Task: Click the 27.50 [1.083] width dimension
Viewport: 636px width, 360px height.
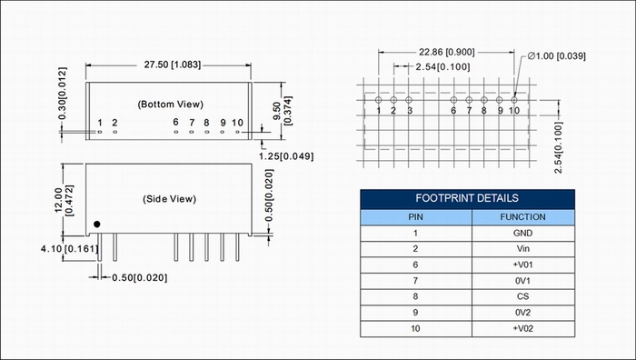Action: point(173,65)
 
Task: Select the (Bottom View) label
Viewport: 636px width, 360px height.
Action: point(171,105)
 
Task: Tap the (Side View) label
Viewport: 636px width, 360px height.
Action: point(170,199)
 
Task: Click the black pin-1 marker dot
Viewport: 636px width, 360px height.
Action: point(96,224)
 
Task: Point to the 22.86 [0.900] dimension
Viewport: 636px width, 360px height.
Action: point(447,52)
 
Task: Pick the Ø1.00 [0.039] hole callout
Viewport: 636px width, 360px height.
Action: point(557,56)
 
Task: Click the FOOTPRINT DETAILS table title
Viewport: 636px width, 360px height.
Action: point(467,198)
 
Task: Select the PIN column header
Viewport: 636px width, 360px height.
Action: point(415,217)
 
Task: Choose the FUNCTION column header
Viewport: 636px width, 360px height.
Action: point(522,217)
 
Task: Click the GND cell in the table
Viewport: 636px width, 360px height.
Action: point(522,233)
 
